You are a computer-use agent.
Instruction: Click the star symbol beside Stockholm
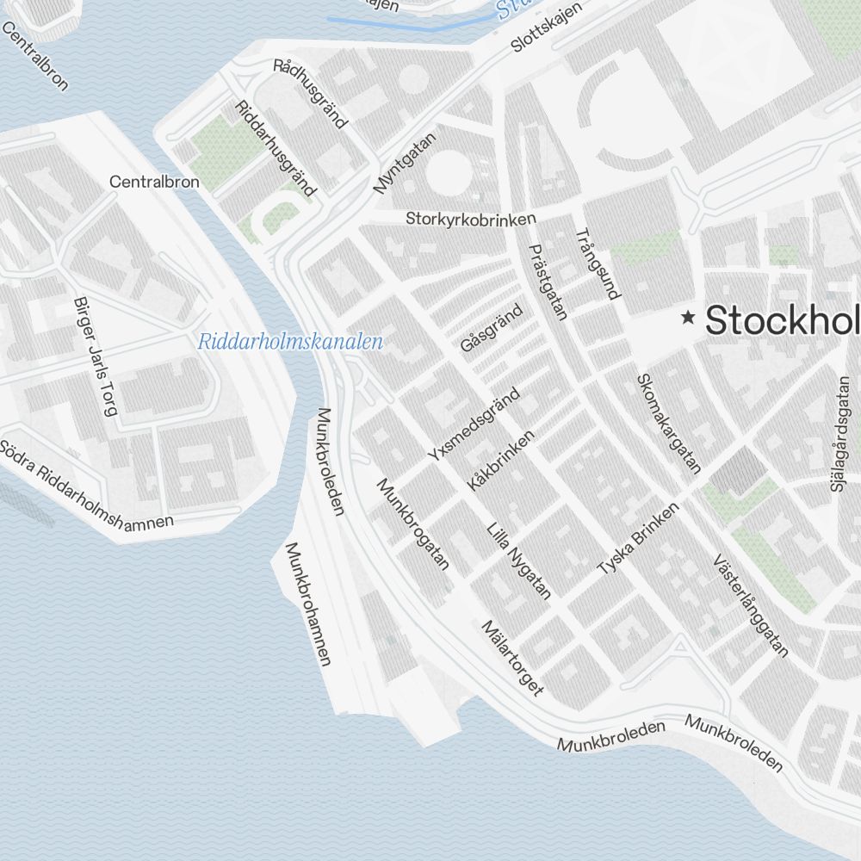tap(688, 319)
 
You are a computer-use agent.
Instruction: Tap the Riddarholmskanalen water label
tap(290, 342)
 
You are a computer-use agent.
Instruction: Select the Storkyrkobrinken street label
tap(471, 219)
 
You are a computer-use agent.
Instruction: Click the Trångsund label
tap(597, 263)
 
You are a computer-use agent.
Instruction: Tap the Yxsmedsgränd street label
tap(474, 424)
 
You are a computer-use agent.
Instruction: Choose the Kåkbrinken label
tap(500, 461)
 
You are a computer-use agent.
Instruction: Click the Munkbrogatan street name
tap(413, 524)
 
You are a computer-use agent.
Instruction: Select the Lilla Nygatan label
tap(518, 561)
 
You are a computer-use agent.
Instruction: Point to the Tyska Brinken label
tap(638, 540)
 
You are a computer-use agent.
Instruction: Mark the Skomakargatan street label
tap(668, 423)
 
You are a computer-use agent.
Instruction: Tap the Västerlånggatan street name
tap(751, 605)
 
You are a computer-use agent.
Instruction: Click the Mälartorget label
tap(513, 658)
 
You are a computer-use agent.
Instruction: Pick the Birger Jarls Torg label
tap(96, 357)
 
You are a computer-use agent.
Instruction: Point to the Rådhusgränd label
tap(310, 94)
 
